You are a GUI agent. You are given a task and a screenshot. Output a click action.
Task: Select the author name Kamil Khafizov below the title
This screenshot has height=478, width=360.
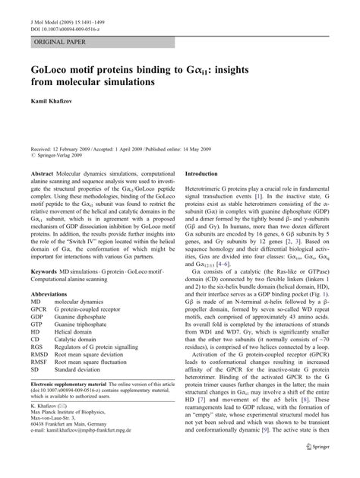(x=52, y=100)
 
